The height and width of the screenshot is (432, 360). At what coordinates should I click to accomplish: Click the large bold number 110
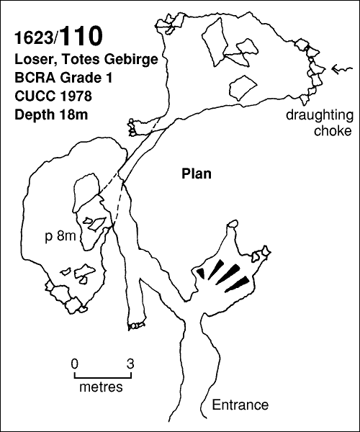[x=81, y=36]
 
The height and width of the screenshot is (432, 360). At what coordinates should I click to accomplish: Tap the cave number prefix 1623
[x=34, y=37]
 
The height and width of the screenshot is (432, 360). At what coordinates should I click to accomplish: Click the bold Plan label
[x=197, y=174]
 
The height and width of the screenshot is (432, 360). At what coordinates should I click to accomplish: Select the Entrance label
[x=240, y=405]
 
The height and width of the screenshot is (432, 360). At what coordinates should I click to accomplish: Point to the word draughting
[x=320, y=116]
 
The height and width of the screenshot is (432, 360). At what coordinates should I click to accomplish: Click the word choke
[x=333, y=130]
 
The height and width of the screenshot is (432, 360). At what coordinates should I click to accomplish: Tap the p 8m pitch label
[x=60, y=236]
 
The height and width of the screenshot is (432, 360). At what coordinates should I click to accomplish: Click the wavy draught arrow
[x=342, y=69]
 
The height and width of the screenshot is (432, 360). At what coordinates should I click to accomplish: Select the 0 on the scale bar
[x=74, y=364]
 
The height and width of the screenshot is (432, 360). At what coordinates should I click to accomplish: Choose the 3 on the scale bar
[x=130, y=364]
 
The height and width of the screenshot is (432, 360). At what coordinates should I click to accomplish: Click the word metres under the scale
[x=101, y=387]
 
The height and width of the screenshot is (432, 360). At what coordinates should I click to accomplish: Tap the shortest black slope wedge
[x=201, y=273]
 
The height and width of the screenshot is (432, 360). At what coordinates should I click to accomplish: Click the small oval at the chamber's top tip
[x=233, y=223]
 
